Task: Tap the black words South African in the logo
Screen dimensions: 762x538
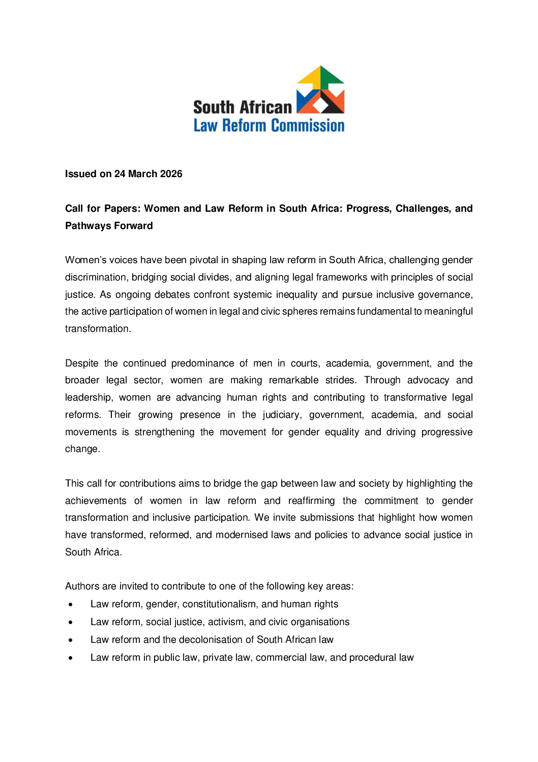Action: tap(243, 107)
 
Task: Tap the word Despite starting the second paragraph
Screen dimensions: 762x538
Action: tap(82, 363)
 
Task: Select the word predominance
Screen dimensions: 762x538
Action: tap(202, 363)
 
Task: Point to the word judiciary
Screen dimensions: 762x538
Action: tap(282, 415)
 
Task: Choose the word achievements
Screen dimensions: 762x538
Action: tap(96, 501)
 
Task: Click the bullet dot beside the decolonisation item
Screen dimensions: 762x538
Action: tap(71, 640)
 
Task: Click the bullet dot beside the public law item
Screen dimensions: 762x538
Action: tap(71, 658)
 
